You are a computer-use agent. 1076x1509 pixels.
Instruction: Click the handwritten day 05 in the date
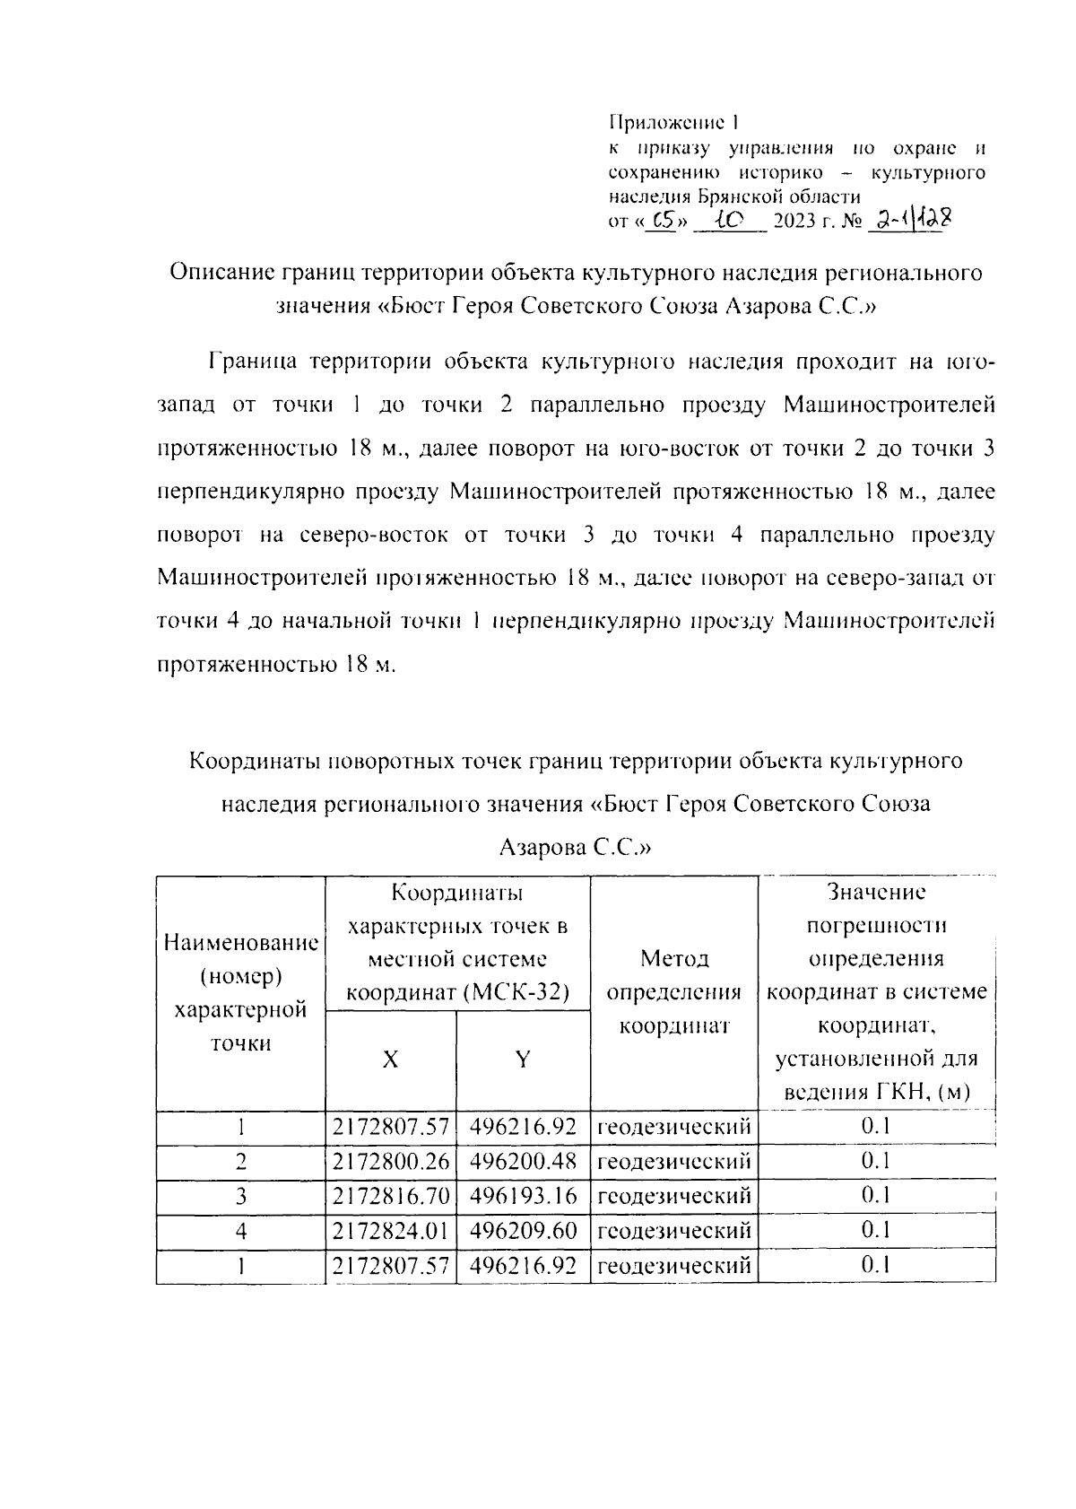[664, 220]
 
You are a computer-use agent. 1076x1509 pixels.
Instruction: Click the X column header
[390, 1060]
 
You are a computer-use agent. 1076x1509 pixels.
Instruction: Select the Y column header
[522, 1060]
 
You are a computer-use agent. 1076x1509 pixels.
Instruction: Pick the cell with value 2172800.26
[390, 1162]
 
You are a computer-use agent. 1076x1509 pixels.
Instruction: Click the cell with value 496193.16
[523, 1196]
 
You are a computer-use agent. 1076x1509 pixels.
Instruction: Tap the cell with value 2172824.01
[390, 1230]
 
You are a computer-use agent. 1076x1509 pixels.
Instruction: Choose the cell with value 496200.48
[523, 1162]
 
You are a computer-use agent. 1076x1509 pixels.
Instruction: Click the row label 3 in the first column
[240, 1196]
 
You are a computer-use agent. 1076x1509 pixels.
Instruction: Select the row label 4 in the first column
[240, 1230]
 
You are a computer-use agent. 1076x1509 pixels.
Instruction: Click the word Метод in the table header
[674, 959]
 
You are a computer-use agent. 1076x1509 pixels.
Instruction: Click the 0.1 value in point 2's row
[875, 1162]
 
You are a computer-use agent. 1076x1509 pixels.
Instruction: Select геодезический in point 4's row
[674, 1230]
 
